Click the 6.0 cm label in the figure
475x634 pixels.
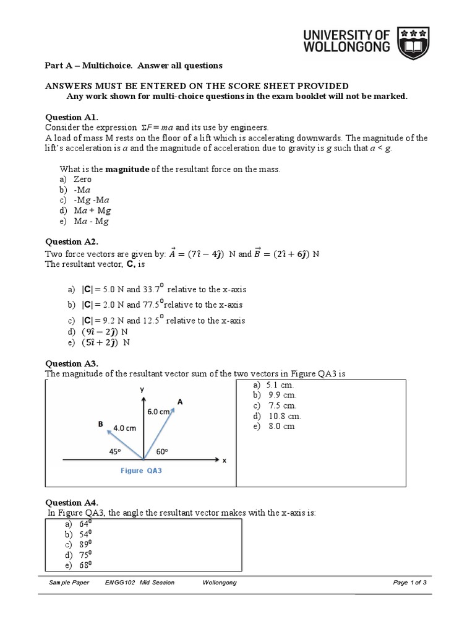pos(158,411)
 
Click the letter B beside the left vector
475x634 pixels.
pos(100,424)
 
